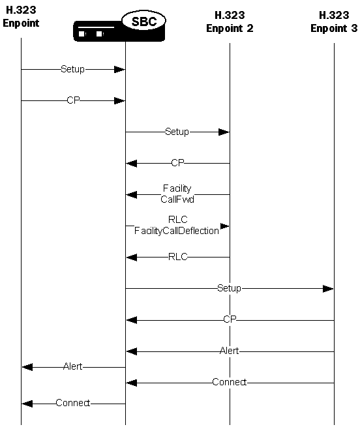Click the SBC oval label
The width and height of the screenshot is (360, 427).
pyautogui.click(x=143, y=21)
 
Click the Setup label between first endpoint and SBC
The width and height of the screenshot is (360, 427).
pyautogui.click(x=72, y=69)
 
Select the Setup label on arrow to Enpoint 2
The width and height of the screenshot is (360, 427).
pyautogui.click(x=177, y=132)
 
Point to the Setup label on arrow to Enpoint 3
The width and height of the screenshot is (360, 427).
pyautogui.click(x=229, y=288)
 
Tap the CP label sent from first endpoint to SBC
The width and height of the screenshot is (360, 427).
pyautogui.click(x=73, y=100)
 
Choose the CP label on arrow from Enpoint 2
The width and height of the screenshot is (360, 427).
pyautogui.click(x=177, y=163)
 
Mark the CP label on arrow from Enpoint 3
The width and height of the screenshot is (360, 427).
pyautogui.click(x=230, y=319)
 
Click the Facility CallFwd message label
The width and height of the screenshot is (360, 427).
pyautogui.click(x=177, y=194)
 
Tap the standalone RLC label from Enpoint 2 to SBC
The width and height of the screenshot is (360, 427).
pyautogui.click(x=177, y=257)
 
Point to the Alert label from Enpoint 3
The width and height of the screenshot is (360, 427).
pyautogui.click(x=229, y=351)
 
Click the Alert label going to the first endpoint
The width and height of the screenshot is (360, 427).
pyautogui.click(x=73, y=366)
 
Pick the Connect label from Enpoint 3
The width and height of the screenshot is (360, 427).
pyautogui.click(x=229, y=382)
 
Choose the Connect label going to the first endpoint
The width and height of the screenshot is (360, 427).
pyautogui.click(x=73, y=403)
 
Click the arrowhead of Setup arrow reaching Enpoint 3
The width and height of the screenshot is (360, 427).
pyautogui.click(x=329, y=288)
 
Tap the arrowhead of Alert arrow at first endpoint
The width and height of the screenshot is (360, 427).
pyautogui.click(x=26, y=366)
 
